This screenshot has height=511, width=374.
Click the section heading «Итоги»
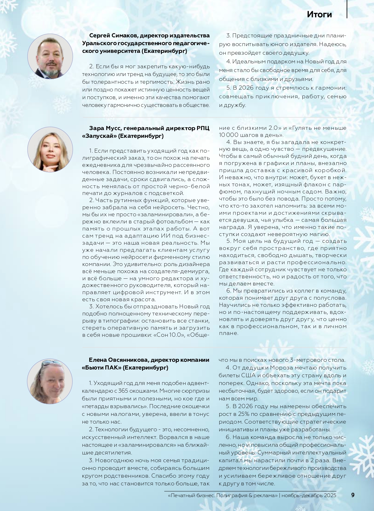[x=319, y=15]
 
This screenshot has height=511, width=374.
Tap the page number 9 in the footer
[x=353, y=495]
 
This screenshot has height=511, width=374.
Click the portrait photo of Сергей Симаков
[x=50, y=57]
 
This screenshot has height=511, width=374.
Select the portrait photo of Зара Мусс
[x=50, y=150]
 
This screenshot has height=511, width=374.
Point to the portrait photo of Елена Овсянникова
[x=50, y=381]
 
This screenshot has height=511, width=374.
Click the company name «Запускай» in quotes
[x=99, y=136]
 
